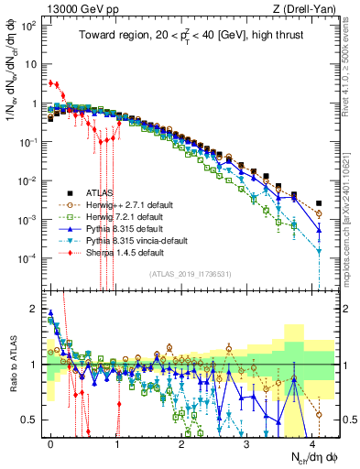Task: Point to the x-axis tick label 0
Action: [x=50, y=442]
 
